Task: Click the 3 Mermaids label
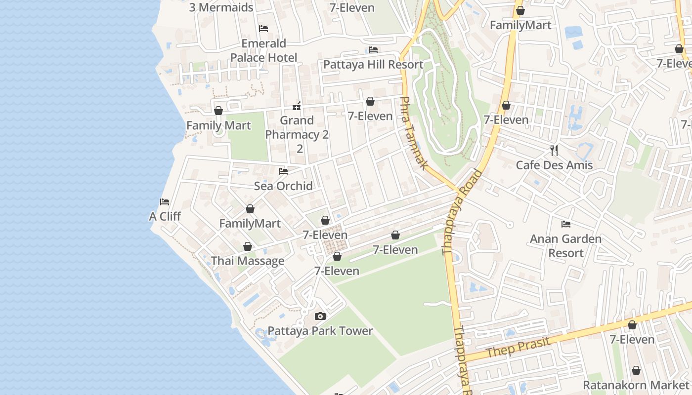pyautogui.click(x=221, y=7)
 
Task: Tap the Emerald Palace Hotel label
pyautogui.click(x=264, y=50)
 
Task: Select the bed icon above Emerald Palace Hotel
pyautogui.click(x=263, y=29)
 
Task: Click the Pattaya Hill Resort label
pyautogui.click(x=373, y=65)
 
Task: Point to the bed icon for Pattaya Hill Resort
pyautogui.click(x=373, y=50)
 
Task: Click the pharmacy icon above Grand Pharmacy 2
pyautogui.click(x=297, y=106)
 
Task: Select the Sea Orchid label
pyautogui.click(x=283, y=186)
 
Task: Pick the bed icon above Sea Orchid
pyautogui.click(x=283, y=171)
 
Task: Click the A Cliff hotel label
pyautogui.click(x=165, y=216)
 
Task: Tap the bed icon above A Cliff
pyautogui.click(x=165, y=201)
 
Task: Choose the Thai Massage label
pyautogui.click(x=248, y=261)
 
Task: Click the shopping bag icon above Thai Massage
pyautogui.click(x=248, y=246)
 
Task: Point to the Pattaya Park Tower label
pyautogui.click(x=320, y=331)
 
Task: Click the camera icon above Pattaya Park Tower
pyautogui.click(x=320, y=316)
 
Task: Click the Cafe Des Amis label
pyautogui.click(x=554, y=165)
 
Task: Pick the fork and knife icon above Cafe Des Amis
pyautogui.click(x=554, y=150)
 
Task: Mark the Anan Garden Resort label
pyautogui.click(x=566, y=246)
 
